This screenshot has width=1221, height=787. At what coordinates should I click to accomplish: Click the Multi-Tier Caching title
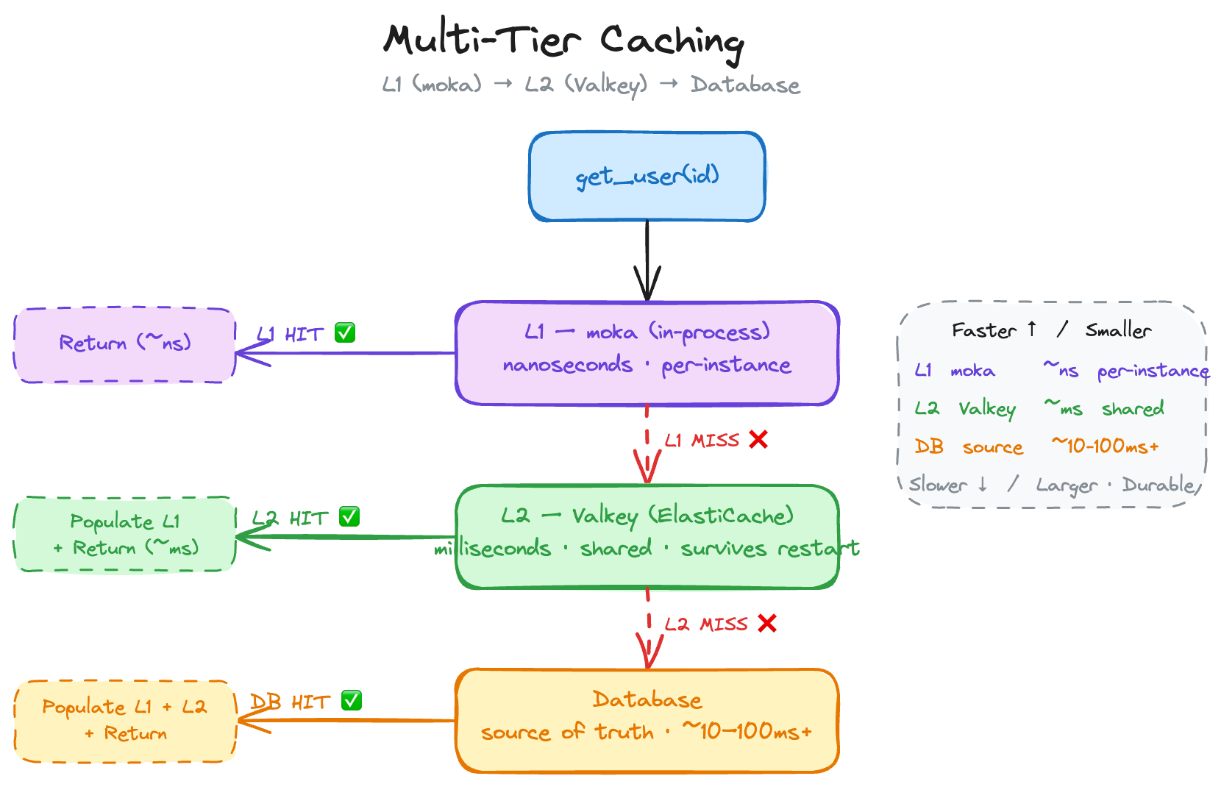click(563, 40)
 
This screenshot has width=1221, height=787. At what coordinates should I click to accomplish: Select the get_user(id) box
click(647, 177)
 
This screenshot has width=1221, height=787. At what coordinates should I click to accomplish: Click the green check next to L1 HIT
click(345, 333)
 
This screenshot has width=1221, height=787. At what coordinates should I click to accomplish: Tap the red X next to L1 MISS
click(758, 440)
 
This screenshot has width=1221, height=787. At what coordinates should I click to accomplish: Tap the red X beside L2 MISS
click(767, 624)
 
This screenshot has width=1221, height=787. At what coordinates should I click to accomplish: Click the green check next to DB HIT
click(352, 701)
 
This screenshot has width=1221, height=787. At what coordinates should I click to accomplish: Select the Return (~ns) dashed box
click(124, 344)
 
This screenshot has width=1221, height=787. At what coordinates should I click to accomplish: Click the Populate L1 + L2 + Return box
click(124, 721)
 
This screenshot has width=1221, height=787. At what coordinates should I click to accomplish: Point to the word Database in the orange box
click(647, 699)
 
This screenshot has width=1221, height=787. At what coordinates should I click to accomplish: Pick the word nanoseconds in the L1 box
click(567, 365)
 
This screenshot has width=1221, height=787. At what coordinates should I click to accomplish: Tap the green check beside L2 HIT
click(349, 517)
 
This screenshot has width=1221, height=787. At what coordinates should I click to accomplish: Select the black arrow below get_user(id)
click(647, 261)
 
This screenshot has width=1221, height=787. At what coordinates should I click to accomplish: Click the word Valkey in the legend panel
click(986, 409)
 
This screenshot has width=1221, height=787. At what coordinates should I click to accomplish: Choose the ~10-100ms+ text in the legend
click(1105, 446)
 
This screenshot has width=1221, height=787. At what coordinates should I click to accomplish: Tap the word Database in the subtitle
click(744, 85)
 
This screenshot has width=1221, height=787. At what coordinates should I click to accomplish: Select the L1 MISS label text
click(702, 441)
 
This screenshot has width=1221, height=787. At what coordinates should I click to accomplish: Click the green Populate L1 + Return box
click(124, 534)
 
